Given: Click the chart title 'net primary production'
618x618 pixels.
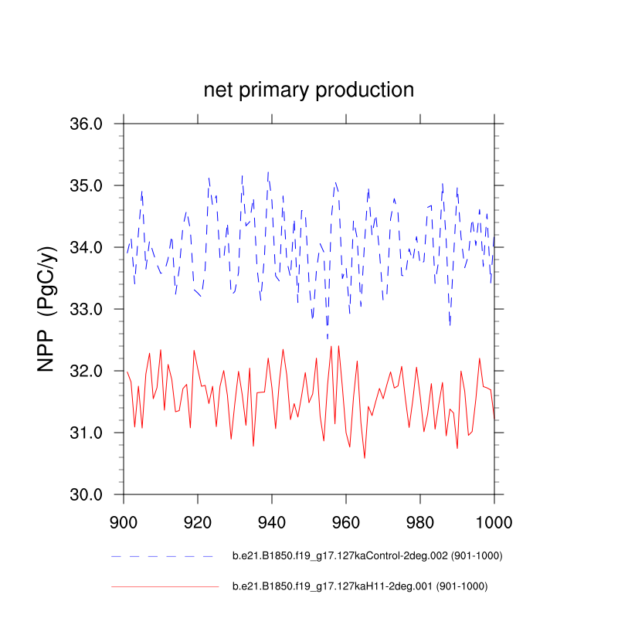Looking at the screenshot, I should click(x=309, y=90).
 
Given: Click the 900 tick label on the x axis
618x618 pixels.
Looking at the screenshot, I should click(x=124, y=520).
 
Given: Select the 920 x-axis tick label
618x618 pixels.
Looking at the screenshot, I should click(x=198, y=520).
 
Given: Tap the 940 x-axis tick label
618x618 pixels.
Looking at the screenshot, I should click(x=272, y=520).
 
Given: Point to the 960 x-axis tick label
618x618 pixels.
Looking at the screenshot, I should click(x=346, y=520).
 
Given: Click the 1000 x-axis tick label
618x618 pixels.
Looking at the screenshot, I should click(x=493, y=520).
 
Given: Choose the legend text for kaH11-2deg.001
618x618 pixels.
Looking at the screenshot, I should click(x=360, y=586).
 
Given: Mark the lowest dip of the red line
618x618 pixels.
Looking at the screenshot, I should click(x=365, y=457).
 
